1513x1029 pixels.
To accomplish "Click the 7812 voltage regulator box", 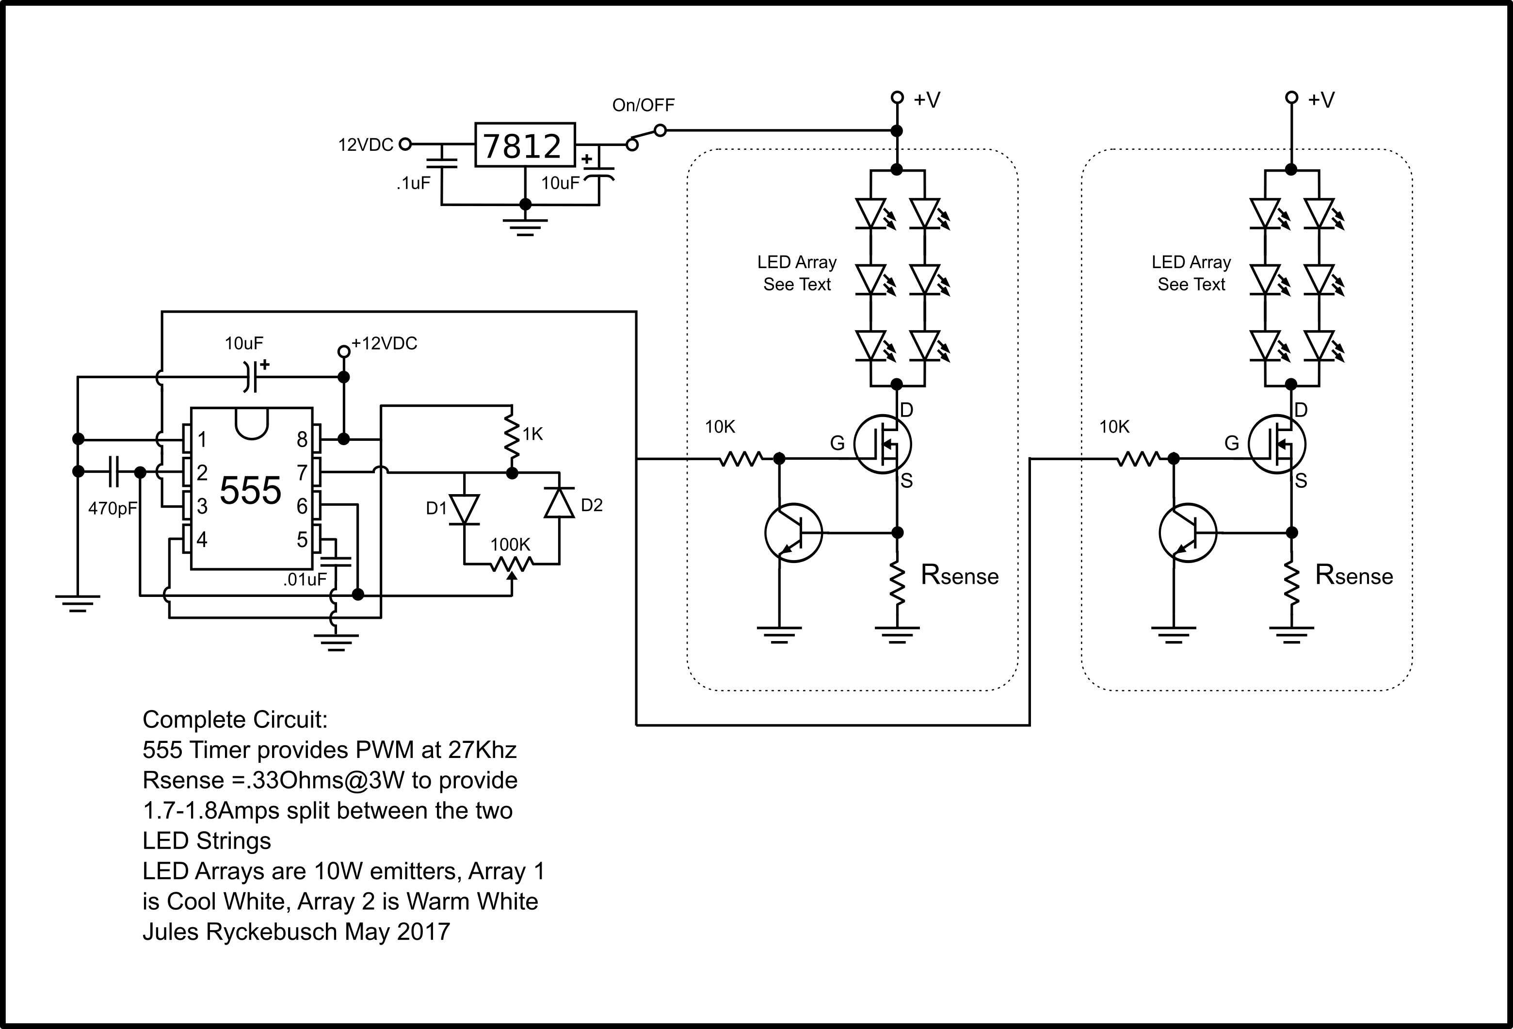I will coord(524,145).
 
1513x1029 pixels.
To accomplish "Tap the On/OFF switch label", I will coord(643,105).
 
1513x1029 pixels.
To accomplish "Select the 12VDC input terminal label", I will coord(365,145).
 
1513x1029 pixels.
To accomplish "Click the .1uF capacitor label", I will coord(413,183).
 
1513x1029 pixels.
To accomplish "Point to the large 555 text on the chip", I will coord(250,490).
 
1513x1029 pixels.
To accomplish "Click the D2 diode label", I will coord(591,505).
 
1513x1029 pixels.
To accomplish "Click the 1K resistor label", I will coord(532,434).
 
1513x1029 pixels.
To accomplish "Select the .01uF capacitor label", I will coord(304,579).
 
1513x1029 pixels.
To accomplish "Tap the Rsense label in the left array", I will coord(959,575).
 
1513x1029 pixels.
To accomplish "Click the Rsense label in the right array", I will coord(1353,575).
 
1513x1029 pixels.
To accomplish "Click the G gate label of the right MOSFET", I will coord(1232,443).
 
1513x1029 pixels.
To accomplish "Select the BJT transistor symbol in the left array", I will coord(793,532).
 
